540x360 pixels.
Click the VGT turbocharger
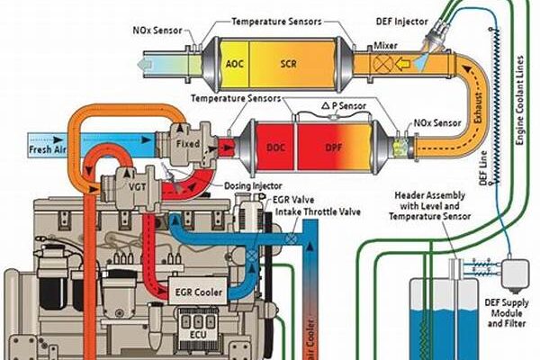[x=121, y=185]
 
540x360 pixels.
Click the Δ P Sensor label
[x=319, y=106]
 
